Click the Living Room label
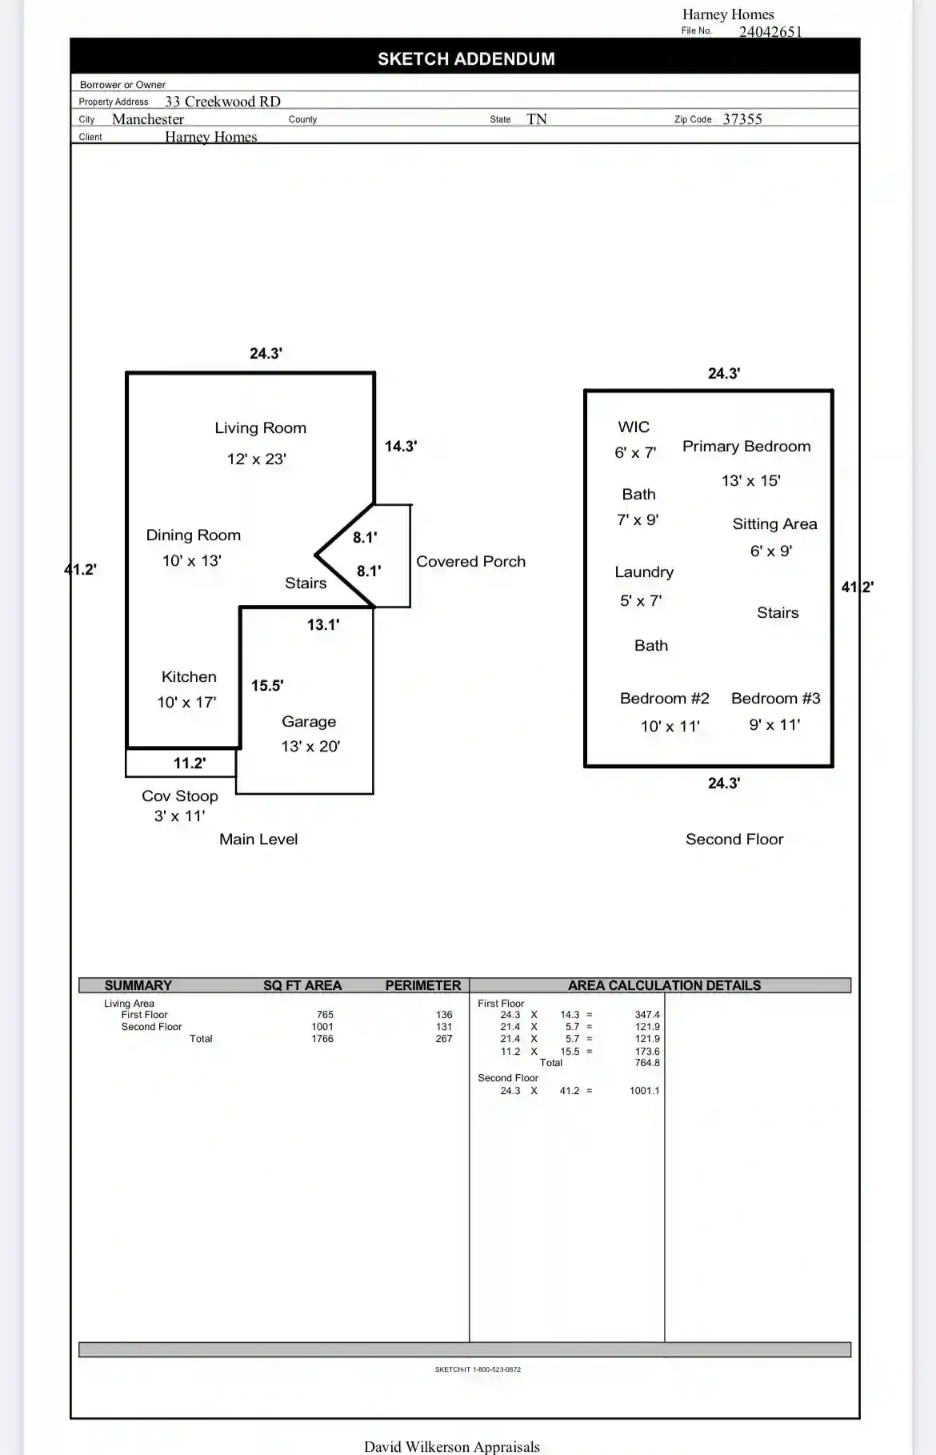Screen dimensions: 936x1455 260,428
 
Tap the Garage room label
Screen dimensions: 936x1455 309,722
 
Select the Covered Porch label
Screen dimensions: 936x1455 470,562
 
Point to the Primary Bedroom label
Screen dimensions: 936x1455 746,447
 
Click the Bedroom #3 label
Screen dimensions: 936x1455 776,698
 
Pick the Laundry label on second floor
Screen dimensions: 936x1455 644,572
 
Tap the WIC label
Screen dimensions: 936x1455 634,427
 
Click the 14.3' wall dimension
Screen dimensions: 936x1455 401,446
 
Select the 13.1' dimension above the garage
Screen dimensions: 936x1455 323,624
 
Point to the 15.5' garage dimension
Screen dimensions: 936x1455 267,685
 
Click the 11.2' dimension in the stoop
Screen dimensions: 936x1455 190,763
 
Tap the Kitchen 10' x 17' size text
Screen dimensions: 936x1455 186,702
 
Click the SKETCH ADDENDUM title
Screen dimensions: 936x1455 466,58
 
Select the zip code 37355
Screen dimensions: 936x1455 742,119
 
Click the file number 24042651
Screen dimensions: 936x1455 770,32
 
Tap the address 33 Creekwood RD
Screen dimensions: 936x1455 222,102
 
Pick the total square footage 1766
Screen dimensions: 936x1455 322,1039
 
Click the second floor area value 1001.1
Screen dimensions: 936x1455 645,1091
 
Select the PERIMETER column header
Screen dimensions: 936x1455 423,985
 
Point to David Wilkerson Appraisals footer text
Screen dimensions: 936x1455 452,1446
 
